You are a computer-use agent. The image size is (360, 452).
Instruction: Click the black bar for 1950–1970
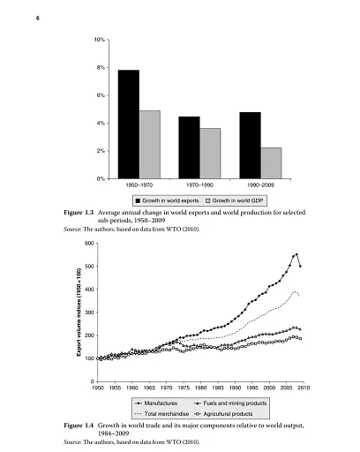pos(128,124)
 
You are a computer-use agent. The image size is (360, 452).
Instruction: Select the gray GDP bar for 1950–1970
pos(149,144)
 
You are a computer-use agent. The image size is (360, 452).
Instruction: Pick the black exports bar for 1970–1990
pos(189,147)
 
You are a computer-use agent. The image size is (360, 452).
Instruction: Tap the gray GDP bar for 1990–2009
pos(270,162)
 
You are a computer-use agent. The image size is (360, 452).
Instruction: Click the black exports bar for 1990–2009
pos(250,145)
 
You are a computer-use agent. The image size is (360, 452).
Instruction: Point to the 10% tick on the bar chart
pos(101,41)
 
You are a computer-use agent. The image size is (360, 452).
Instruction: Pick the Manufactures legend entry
pos(165,403)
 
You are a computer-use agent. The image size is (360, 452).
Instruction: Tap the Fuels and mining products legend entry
pos(237,403)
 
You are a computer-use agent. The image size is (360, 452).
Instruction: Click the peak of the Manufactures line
pos(296,254)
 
